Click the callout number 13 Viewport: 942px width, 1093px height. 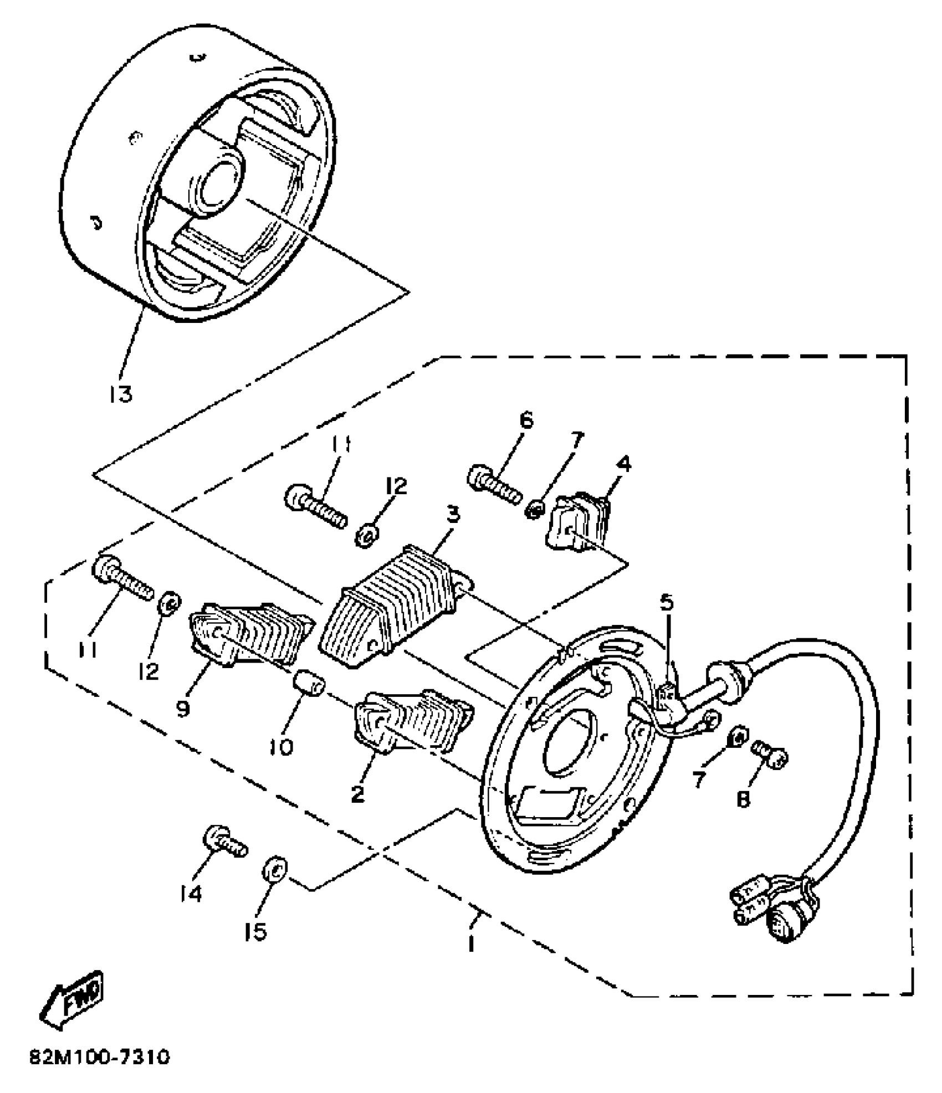tap(121, 394)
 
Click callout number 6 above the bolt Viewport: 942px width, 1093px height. tap(526, 420)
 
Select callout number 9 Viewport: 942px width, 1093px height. tap(183, 707)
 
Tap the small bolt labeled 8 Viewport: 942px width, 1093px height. tap(770, 754)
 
